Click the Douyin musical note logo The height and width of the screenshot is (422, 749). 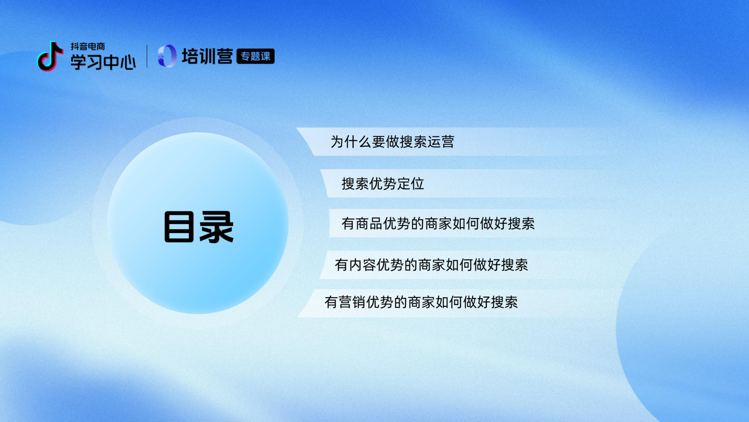click(x=50, y=56)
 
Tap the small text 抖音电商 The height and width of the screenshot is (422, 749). click(x=88, y=46)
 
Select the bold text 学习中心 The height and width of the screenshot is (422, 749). click(x=103, y=62)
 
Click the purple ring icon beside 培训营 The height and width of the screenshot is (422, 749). click(x=167, y=56)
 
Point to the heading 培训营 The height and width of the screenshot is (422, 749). click(x=207, y=56)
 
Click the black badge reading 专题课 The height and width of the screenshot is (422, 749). click(x=255, y=56)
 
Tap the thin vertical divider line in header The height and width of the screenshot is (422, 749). click(x=147, y=56)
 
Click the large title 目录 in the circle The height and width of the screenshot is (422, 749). click(x=199, y=227)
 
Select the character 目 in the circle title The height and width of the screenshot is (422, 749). click(x=179, y=227)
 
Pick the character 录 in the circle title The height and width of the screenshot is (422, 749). click(x=217, y=227)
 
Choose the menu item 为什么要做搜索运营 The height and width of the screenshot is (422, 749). click(x=392, y=142)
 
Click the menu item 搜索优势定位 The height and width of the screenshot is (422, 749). click(x=383, y=184)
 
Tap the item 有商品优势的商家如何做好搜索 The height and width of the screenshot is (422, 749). click(x=438, y=224)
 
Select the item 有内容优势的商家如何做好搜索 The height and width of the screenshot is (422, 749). click(x=431, y=265)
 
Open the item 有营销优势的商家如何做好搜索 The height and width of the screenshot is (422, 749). click(x=421, y=302)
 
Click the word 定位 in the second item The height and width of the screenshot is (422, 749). click(x=410, y=184)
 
